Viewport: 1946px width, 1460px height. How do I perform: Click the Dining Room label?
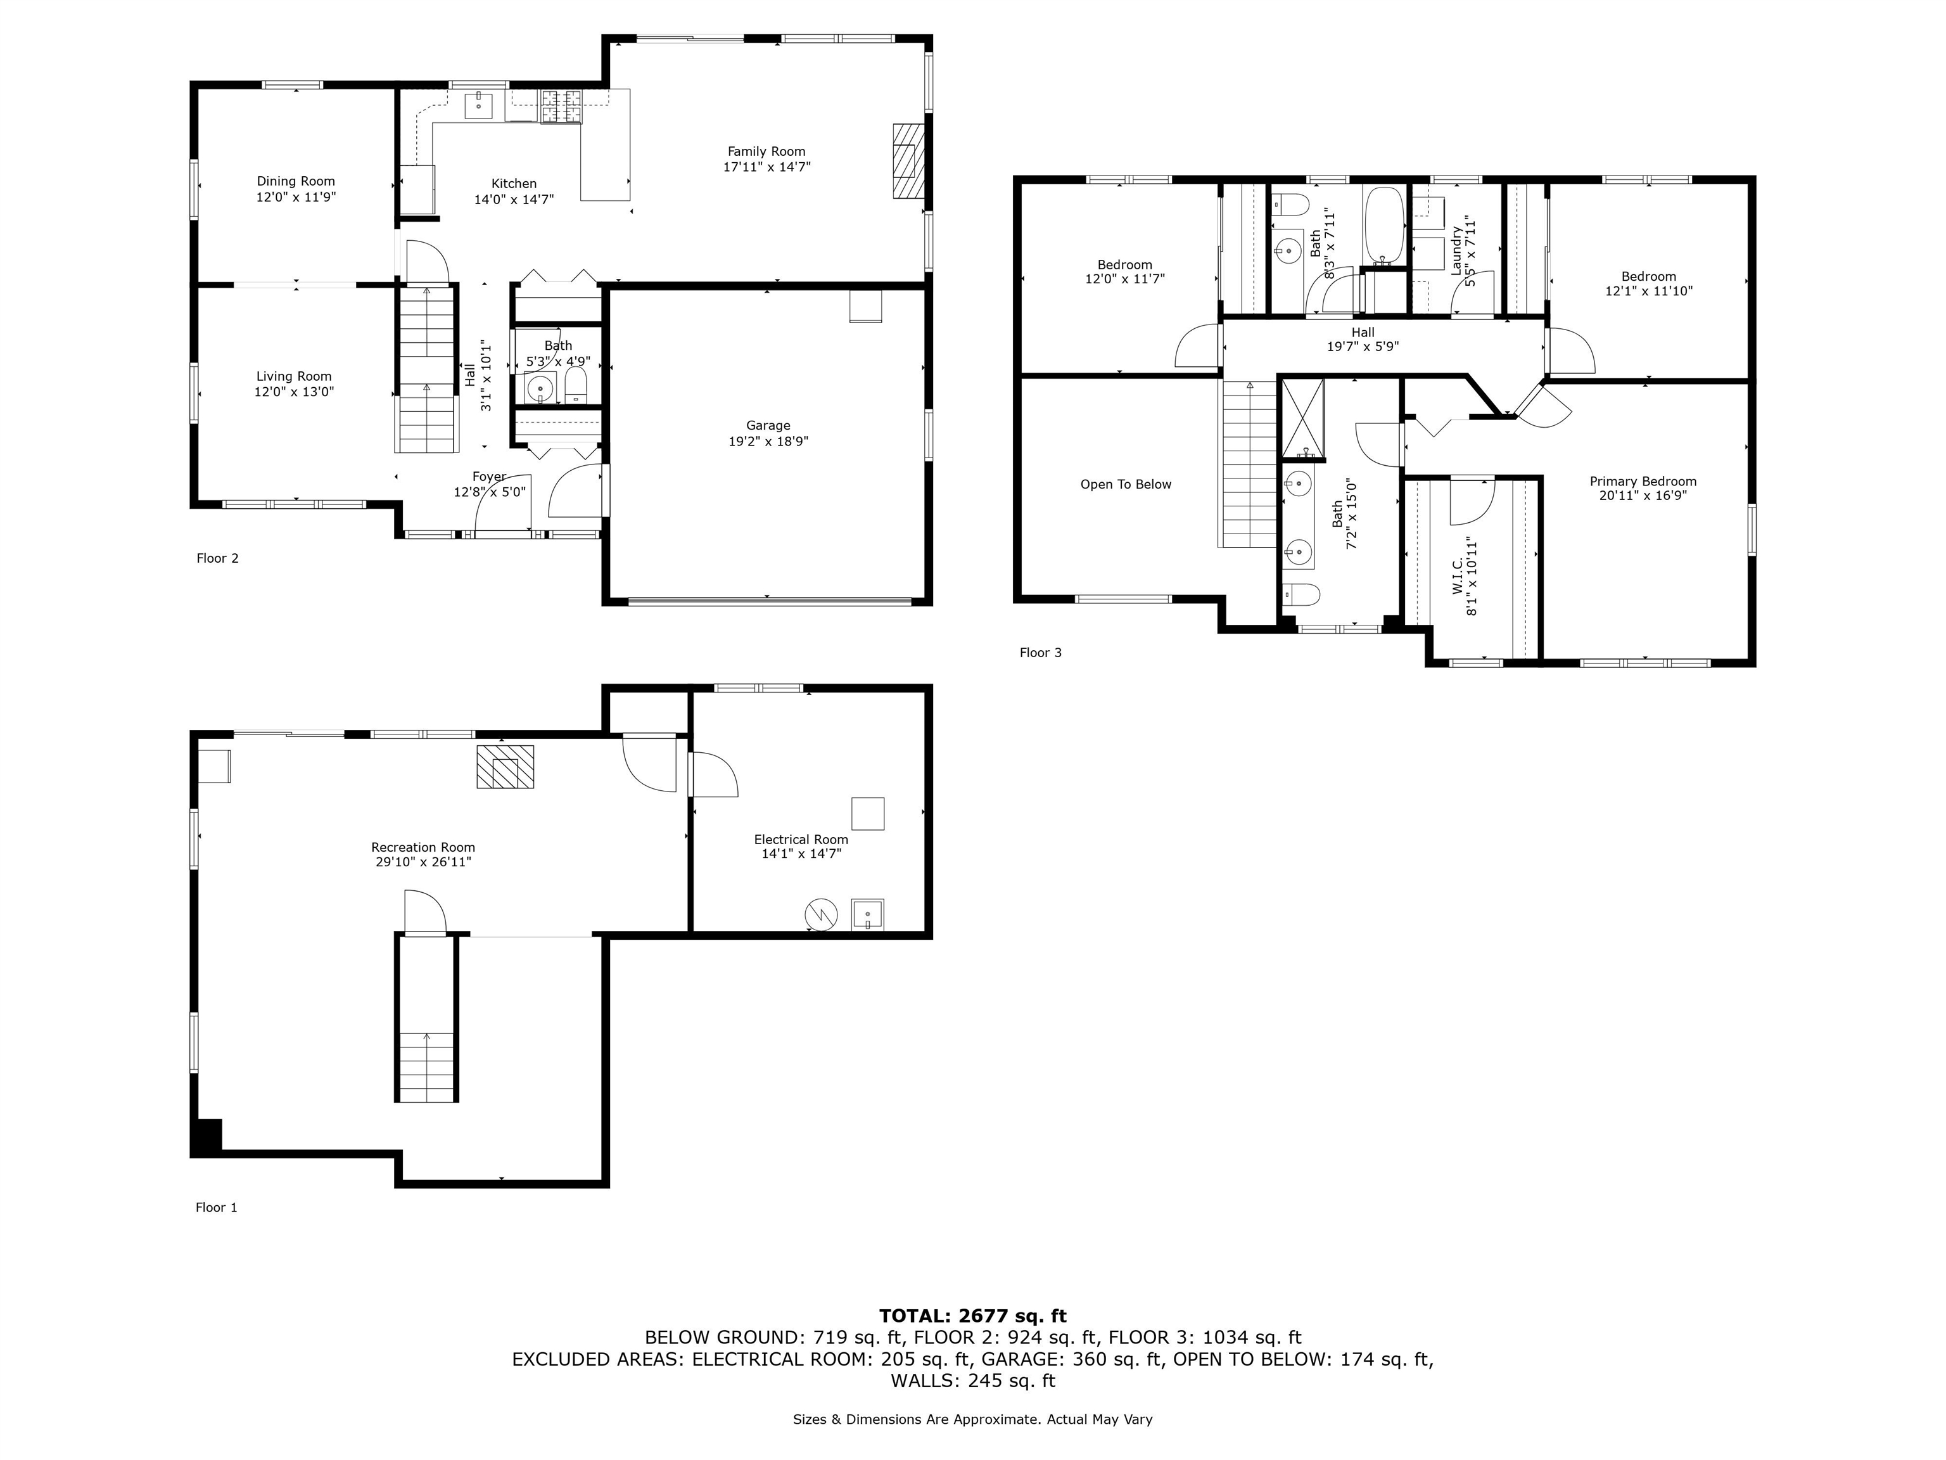(x=296, y=181)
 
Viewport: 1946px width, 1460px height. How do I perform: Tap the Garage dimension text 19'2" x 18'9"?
(x=768, y=441)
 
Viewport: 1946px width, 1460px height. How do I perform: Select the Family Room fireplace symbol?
(x=908, y=161)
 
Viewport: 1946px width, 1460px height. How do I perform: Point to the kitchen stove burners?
(x=561, y=107)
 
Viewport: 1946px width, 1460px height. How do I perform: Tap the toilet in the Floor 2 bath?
(x=575, y=385)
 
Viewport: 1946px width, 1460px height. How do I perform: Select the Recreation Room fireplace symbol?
(x=505, y=767)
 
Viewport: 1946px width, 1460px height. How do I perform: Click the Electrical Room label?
(x=801, y=840)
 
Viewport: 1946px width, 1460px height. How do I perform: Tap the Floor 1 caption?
(x=217, y=1207)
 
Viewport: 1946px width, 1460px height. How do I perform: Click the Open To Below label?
(x=1125, y=484)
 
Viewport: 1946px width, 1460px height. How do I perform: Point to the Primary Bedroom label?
(x=1643, y=482)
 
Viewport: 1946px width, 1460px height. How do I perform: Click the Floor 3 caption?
(x=1041, y=652)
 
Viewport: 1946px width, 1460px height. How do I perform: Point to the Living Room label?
(x=294, y=376)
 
